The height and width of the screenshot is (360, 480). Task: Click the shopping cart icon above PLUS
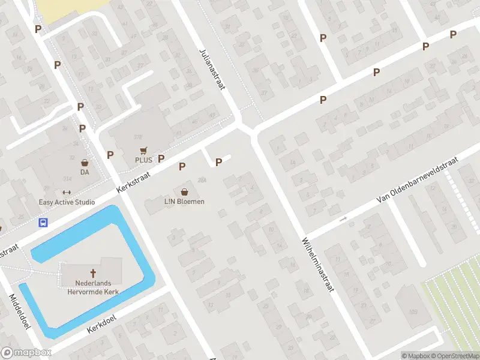click(143, 151)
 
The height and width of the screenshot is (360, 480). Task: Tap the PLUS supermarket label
click(143, 160)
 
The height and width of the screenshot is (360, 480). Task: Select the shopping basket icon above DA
click(85, 163)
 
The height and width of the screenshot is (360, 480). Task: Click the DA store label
click(85, 172)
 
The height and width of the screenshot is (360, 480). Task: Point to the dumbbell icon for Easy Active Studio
click(67, 193)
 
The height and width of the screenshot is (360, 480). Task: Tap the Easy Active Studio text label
click(67, 202)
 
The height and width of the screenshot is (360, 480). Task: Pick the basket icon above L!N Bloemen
click(184, 192)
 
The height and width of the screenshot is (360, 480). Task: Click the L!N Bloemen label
click(184, 202)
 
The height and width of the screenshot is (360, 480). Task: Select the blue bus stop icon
click(43, 223)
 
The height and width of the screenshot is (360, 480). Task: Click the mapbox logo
click(26, 353)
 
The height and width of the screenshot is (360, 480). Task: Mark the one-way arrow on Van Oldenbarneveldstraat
click(343, 220)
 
